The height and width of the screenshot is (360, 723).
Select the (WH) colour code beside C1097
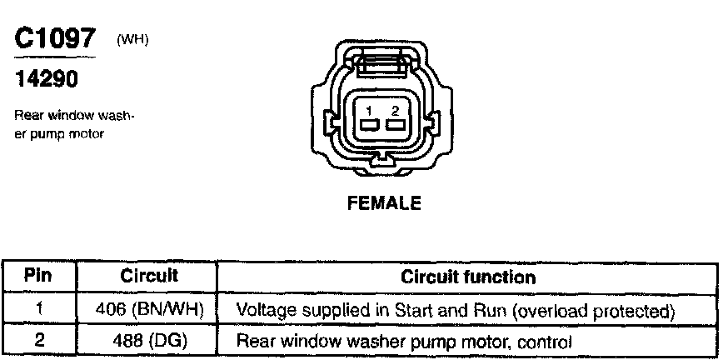(x=132, y=39)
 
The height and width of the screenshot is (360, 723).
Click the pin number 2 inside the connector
(x=396, y=111)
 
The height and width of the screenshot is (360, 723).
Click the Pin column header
(x=39, y=276)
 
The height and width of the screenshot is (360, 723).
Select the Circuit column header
(x=149, y=276)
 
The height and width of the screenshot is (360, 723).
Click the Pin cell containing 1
(x=39, y=311)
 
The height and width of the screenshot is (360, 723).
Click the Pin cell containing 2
(x=39, y=341)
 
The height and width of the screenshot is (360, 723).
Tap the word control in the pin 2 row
(x=546, y=341)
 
